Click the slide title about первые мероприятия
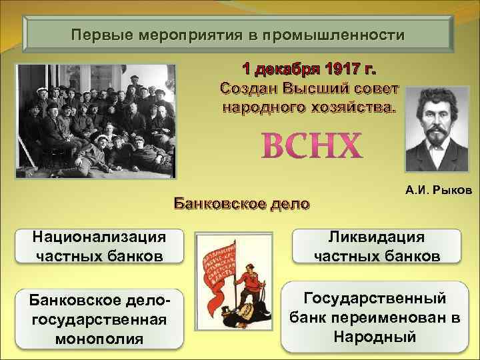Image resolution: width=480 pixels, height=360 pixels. pyautogui.click(x=238, y=34)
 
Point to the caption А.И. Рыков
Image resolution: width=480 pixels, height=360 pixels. pyautogui.click(x=439, y=191)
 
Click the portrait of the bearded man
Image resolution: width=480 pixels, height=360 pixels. pyautogui.click(x=439, y=131)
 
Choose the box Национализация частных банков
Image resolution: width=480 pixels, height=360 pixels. pyautogui.click(x=99, y=246)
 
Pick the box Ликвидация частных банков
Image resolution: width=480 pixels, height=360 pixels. pyautogui.click(x=376, y=246)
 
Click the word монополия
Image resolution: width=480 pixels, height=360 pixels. pyautogui.click(x=99, y=339)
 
